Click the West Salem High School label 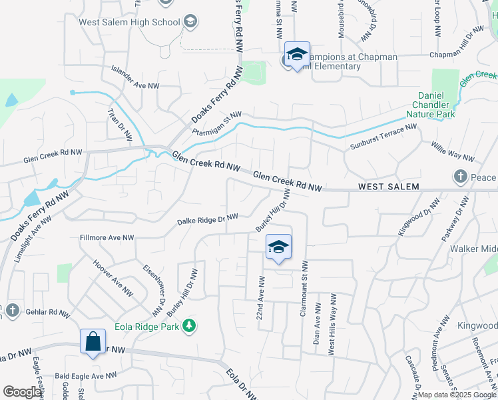click(130, 22)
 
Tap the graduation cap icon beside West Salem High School click(191, 22)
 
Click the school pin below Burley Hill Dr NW click(278, 247)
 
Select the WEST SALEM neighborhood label click(388, 187)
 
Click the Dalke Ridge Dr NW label click(207, 219)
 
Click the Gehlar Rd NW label click(47, 312)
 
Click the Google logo click(21, 392)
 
